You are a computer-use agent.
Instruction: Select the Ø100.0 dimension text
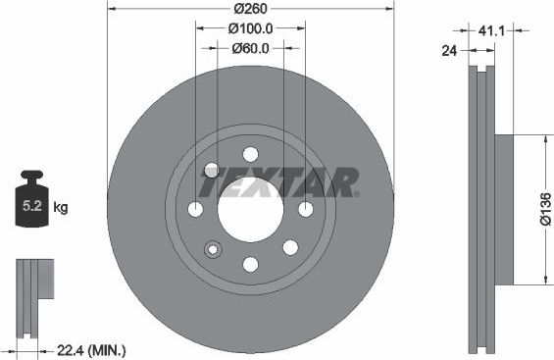click(250, 29)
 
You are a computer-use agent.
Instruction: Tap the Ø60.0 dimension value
click(250, 47)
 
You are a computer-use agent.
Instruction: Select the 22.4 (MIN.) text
click(93, 350)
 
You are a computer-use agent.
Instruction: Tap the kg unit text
click(62, 208)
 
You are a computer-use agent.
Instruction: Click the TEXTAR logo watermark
click(280, 181)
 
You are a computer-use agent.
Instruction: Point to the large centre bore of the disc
click(250, 209)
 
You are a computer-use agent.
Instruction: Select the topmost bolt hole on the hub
click(250, 154)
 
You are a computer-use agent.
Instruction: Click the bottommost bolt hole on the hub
click(250, 264)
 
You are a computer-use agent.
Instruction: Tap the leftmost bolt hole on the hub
click(195, 209)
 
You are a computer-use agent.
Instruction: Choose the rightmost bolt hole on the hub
click(305, 209)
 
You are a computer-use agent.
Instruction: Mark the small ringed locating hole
click(209, 249)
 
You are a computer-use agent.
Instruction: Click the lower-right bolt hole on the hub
click(289, 248)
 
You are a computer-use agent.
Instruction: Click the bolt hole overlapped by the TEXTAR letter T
click(211, 170)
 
